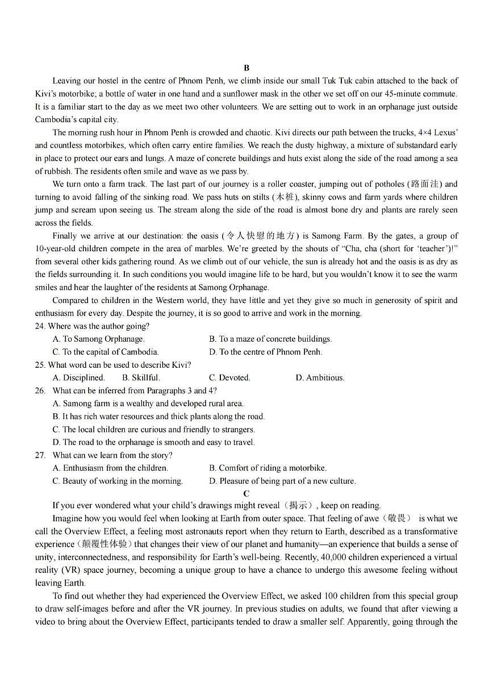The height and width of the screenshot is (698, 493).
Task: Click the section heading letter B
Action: tap(246, 68)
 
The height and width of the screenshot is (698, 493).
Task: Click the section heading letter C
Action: tap(246, 493)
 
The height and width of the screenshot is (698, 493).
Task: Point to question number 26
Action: tap(40, 390)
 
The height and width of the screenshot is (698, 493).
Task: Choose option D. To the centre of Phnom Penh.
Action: tap(265, 352)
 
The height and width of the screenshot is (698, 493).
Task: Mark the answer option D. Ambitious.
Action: tap(320, 377)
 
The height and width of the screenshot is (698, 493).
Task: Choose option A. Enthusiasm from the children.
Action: tap(110, 468)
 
